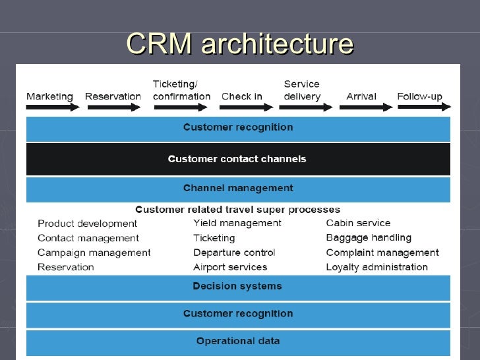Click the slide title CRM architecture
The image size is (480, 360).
coord(240,43)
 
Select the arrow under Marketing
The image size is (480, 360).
coord(53,107)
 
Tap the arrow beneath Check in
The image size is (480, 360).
coord(246,107)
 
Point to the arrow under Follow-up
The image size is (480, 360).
coord(425,107)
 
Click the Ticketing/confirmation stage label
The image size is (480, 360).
coord(181,90)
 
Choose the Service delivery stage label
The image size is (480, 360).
coord(302,90)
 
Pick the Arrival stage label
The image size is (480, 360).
coord(361,96)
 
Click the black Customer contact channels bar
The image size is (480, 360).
coord(238,159)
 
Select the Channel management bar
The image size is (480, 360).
coord(238,190)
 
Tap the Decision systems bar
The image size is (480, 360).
coord(238,287)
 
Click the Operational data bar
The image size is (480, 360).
coord(238,343)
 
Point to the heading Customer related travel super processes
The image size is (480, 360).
coord(237,210)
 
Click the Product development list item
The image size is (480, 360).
coord(87,224)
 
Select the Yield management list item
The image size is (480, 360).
coord(237,224)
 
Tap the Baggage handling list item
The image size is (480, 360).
coord(369,238)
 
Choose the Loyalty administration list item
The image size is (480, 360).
coord(377,267)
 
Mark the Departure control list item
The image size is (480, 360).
coord(234,253)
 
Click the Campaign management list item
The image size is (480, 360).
coord(94,253)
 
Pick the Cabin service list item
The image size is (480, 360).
coord(358,223)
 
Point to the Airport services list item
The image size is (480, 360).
coord(230,267)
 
